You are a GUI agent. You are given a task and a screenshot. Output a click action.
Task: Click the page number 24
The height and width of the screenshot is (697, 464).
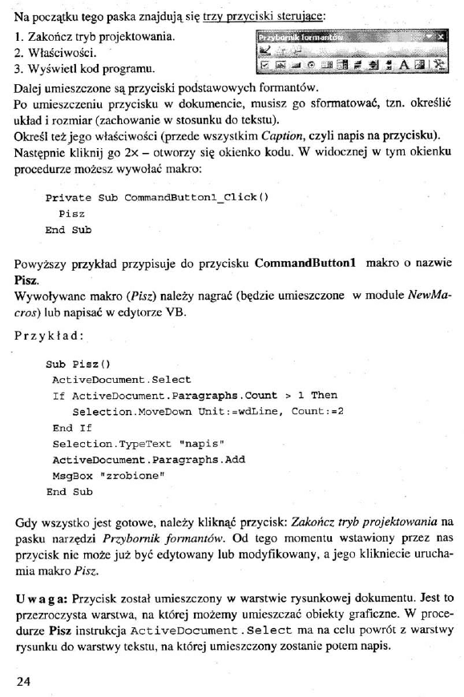pyautogui.click(x=25, y=681)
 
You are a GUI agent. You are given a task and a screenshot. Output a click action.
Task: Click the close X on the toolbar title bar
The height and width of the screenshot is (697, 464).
pyautogui.click(x=441, y=36)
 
